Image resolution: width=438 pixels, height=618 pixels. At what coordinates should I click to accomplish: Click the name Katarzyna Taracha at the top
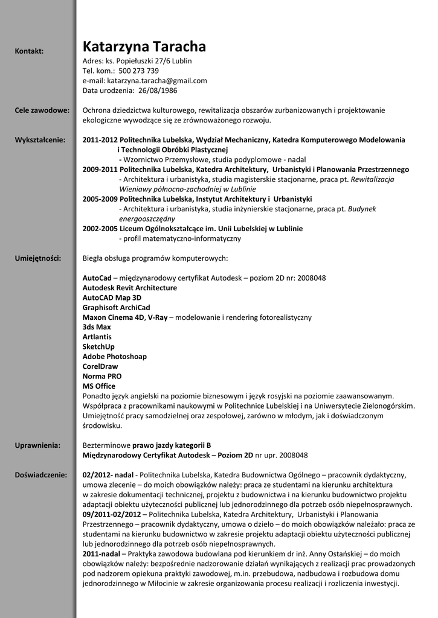point(144,46)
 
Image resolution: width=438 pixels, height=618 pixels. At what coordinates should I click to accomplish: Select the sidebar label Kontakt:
point(29,51)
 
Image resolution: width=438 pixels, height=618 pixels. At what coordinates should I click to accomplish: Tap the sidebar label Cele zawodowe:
point(42,110)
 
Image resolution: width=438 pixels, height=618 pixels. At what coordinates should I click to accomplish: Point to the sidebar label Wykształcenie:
point(40,140)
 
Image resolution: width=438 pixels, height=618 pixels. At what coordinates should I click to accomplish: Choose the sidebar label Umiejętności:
point(38,258)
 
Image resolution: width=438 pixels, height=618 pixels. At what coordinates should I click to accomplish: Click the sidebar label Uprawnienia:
point(37,445)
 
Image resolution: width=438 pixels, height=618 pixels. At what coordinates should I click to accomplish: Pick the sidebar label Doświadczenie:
point(41,475)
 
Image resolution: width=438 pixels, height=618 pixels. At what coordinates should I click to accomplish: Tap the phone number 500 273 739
point(138,71)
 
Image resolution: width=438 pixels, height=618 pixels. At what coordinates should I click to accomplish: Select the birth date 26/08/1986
point(158,91)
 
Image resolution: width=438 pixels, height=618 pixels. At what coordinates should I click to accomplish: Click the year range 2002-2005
point(100,229)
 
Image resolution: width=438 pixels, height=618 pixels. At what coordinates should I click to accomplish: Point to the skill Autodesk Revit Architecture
point(130,288)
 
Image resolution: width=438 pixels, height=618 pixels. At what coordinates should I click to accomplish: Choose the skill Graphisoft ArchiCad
point(116,307)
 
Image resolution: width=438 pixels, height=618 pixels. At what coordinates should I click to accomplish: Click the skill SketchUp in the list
point(98,347)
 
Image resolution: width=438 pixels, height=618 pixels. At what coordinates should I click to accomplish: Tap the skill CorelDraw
point(100,366)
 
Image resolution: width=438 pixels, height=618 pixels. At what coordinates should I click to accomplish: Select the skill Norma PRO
point(102,376)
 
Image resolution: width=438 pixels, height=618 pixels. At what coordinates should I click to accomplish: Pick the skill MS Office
point(98,386)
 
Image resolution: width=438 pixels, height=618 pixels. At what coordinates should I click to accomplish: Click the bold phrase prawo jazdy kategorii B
point(172,445)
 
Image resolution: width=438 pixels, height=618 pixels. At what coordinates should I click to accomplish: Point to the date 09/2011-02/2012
point(112,514)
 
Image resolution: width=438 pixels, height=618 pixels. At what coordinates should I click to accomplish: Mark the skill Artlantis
point(97,337)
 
